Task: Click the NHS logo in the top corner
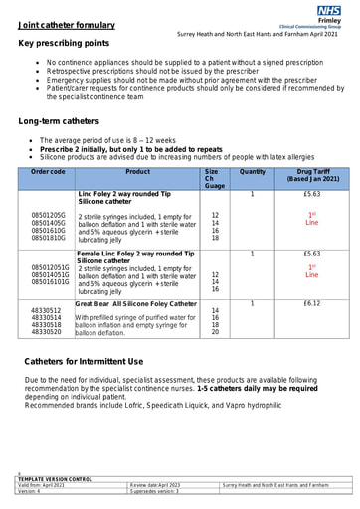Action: pyautogui.click(x=329, y=10)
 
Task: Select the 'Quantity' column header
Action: pyautogui.click(x=253, y=172)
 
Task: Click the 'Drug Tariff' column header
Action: pyautogui.click(x=312, y=176)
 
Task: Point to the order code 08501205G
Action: pyautogui.click(x=49, y=215)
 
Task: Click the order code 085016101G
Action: pyautogui.click(x=51, y=283)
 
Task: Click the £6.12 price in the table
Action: pyautogui.click(x=311, y=302)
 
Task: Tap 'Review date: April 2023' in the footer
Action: pyautogui.click(x=156, y=485)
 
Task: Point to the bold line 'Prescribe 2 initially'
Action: pyautogui.click(x=124, y=149)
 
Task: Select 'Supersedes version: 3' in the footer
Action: pyautogui.click(x=154, y=491)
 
